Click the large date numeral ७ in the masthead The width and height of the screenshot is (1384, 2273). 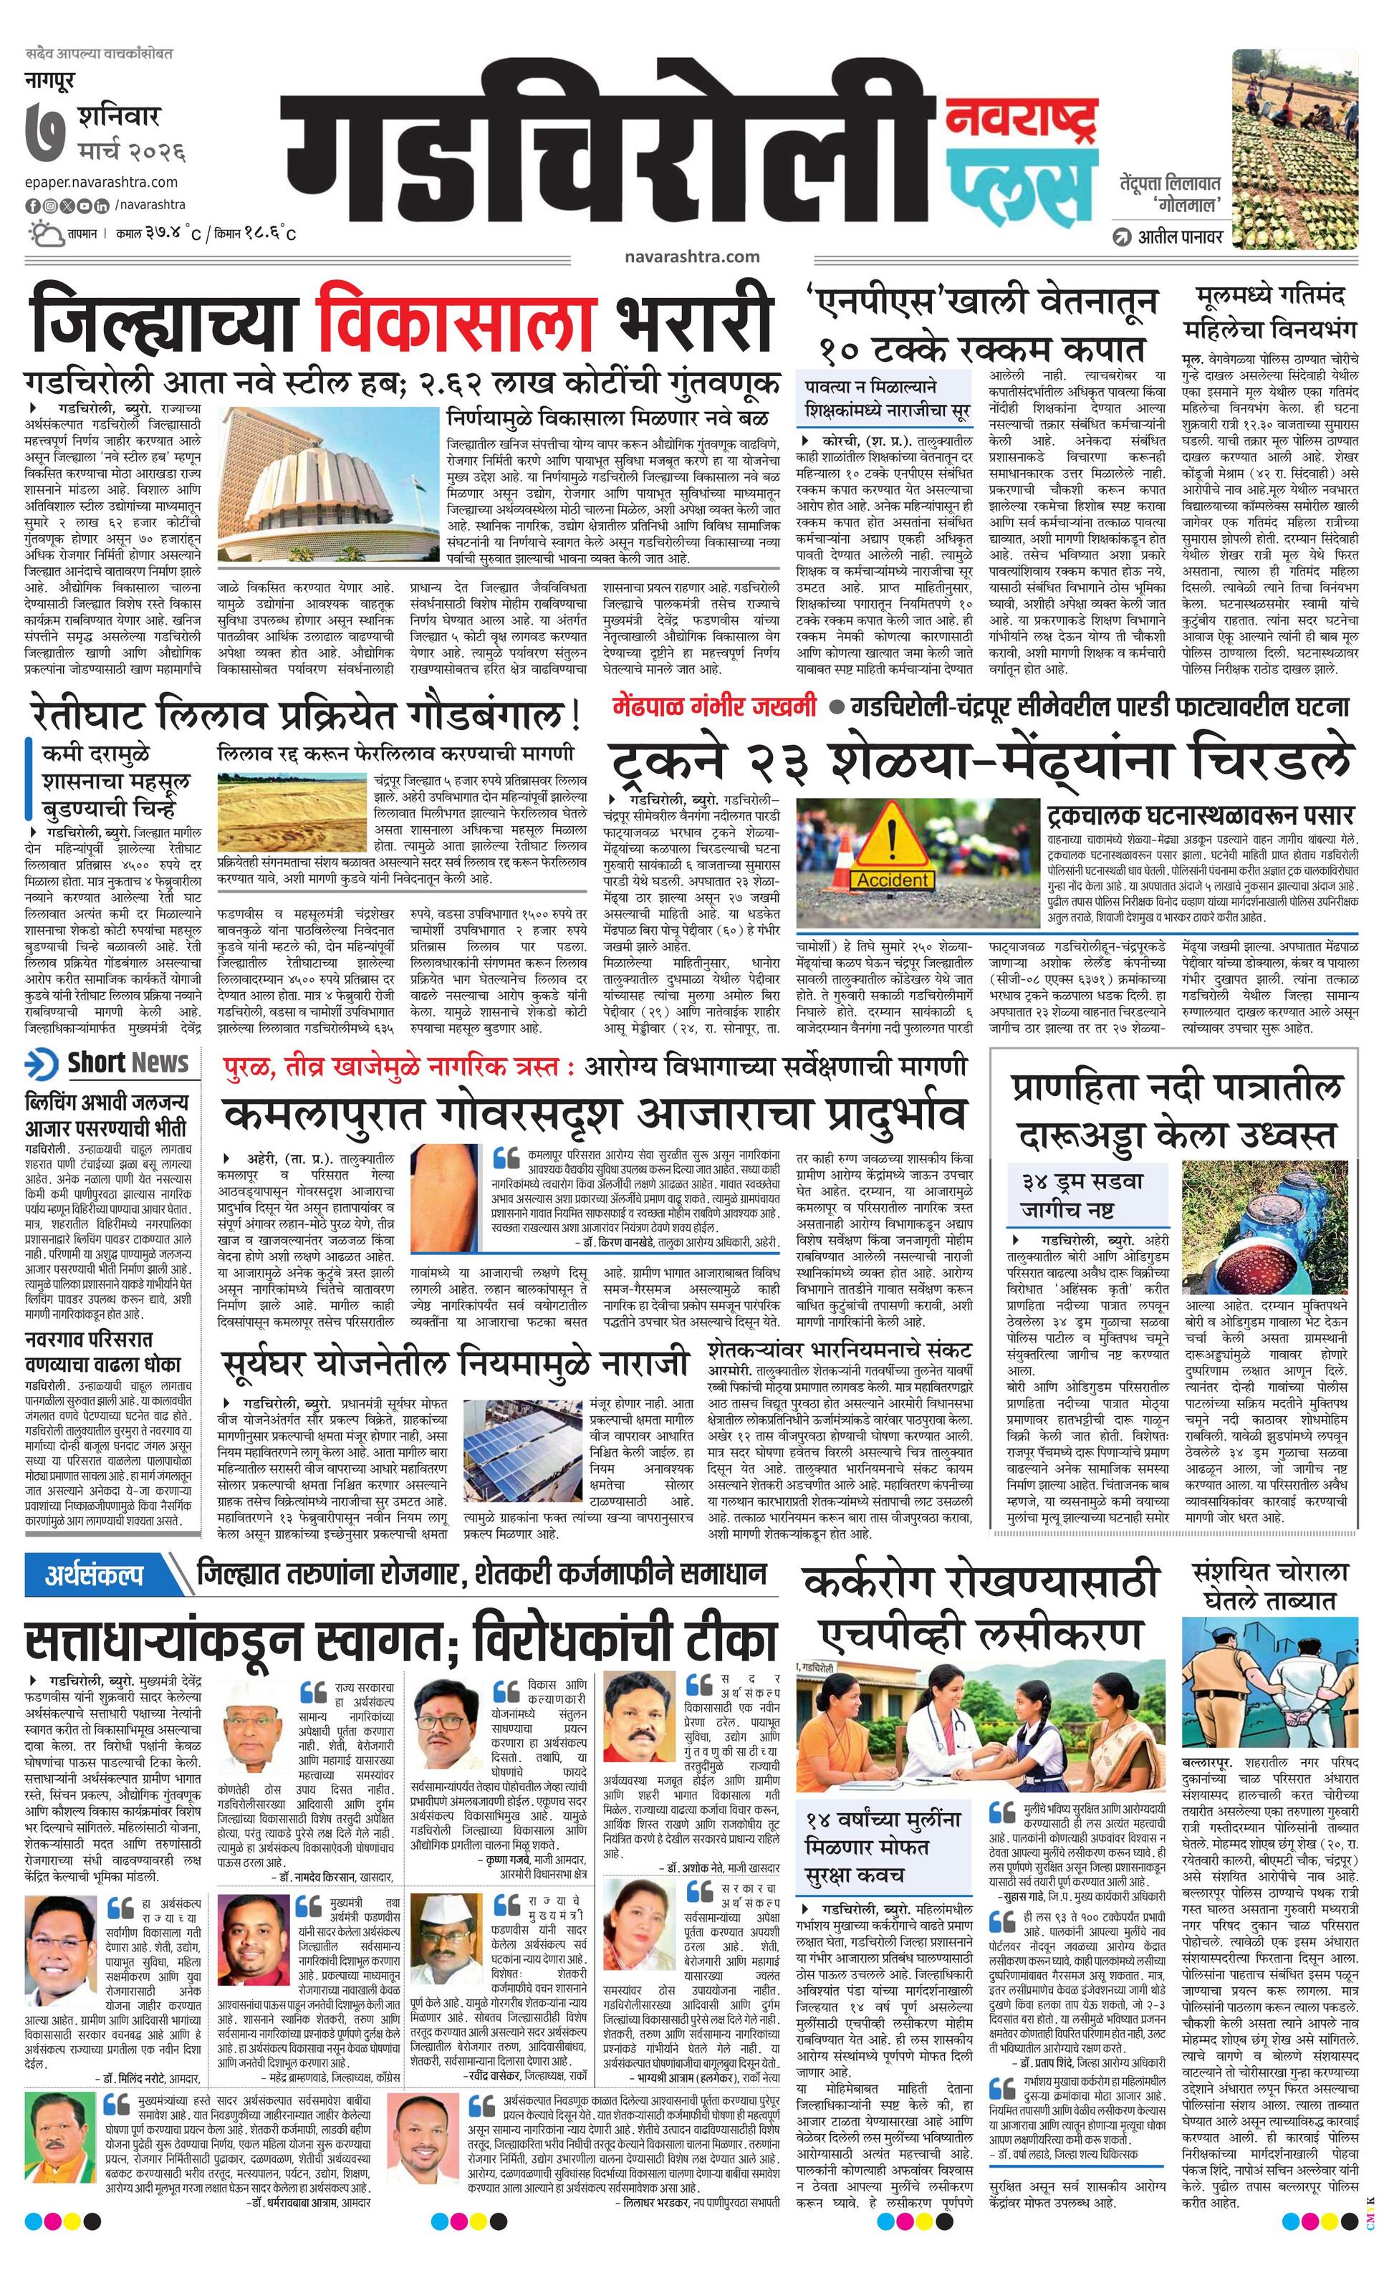click(x=46, y=135)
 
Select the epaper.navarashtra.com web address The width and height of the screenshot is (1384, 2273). click(x=102, y=182)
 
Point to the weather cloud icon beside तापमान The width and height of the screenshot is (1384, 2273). click(x=45, y=233)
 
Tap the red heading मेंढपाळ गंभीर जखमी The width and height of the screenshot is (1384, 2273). click(x=714, y=708)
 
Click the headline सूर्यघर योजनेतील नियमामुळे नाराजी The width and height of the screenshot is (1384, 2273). click(x=455, y=1363)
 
